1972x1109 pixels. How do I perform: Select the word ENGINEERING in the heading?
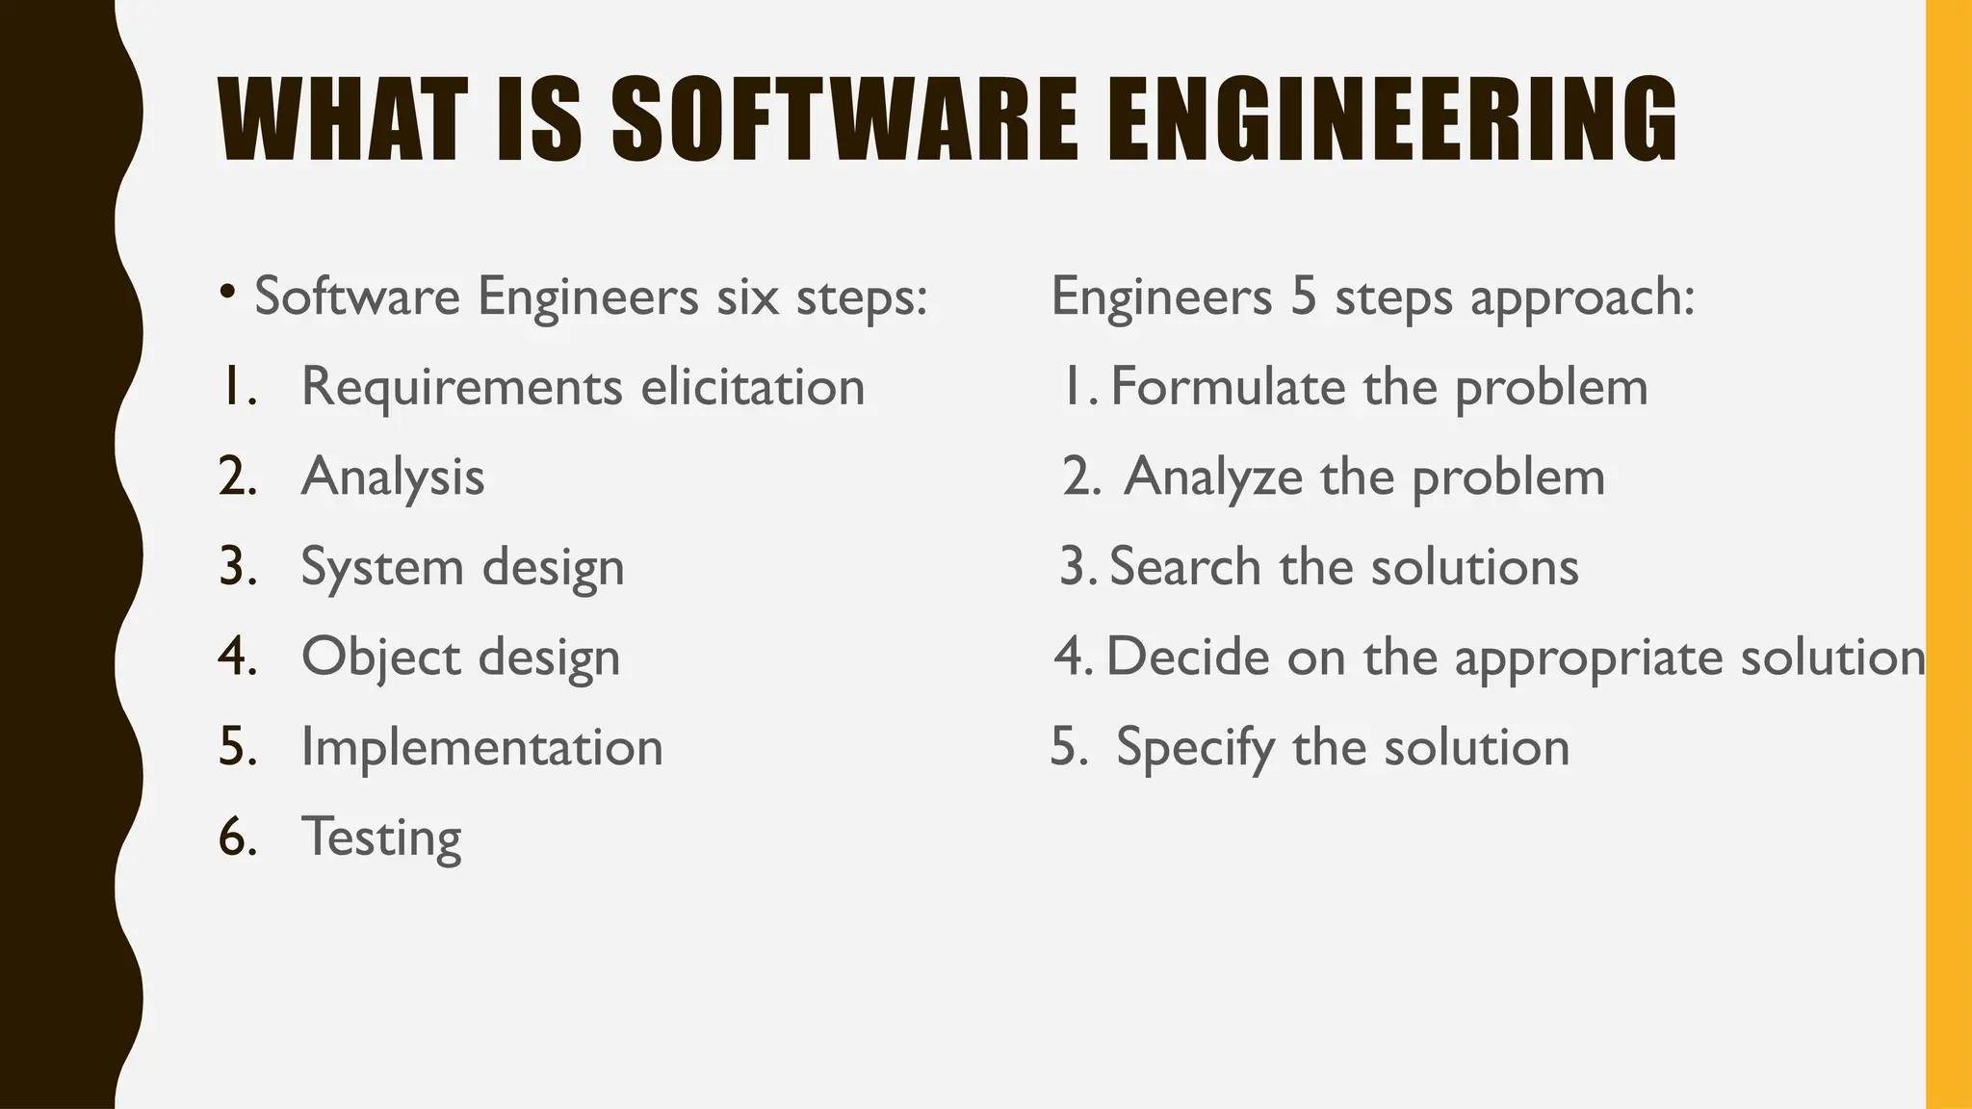click(1392, 120)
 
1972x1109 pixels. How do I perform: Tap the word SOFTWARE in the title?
click(844, 120)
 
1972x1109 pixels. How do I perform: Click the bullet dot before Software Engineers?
click(227, 291)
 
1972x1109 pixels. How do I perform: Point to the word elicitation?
click(752, 387)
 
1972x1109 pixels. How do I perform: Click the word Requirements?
click(462, 387)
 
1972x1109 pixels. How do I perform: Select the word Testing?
click(381, 838)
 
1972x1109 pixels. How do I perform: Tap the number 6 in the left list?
click(234, 836)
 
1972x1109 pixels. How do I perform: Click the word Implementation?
click(481, 747)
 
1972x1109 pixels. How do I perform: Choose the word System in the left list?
click(382, 568)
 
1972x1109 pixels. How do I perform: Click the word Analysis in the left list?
click(392, 477)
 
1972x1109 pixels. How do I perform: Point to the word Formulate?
click(1228, 387)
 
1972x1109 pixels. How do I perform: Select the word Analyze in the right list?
click(1212, 477)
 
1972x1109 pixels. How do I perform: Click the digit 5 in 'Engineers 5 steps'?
click(1303, 296)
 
